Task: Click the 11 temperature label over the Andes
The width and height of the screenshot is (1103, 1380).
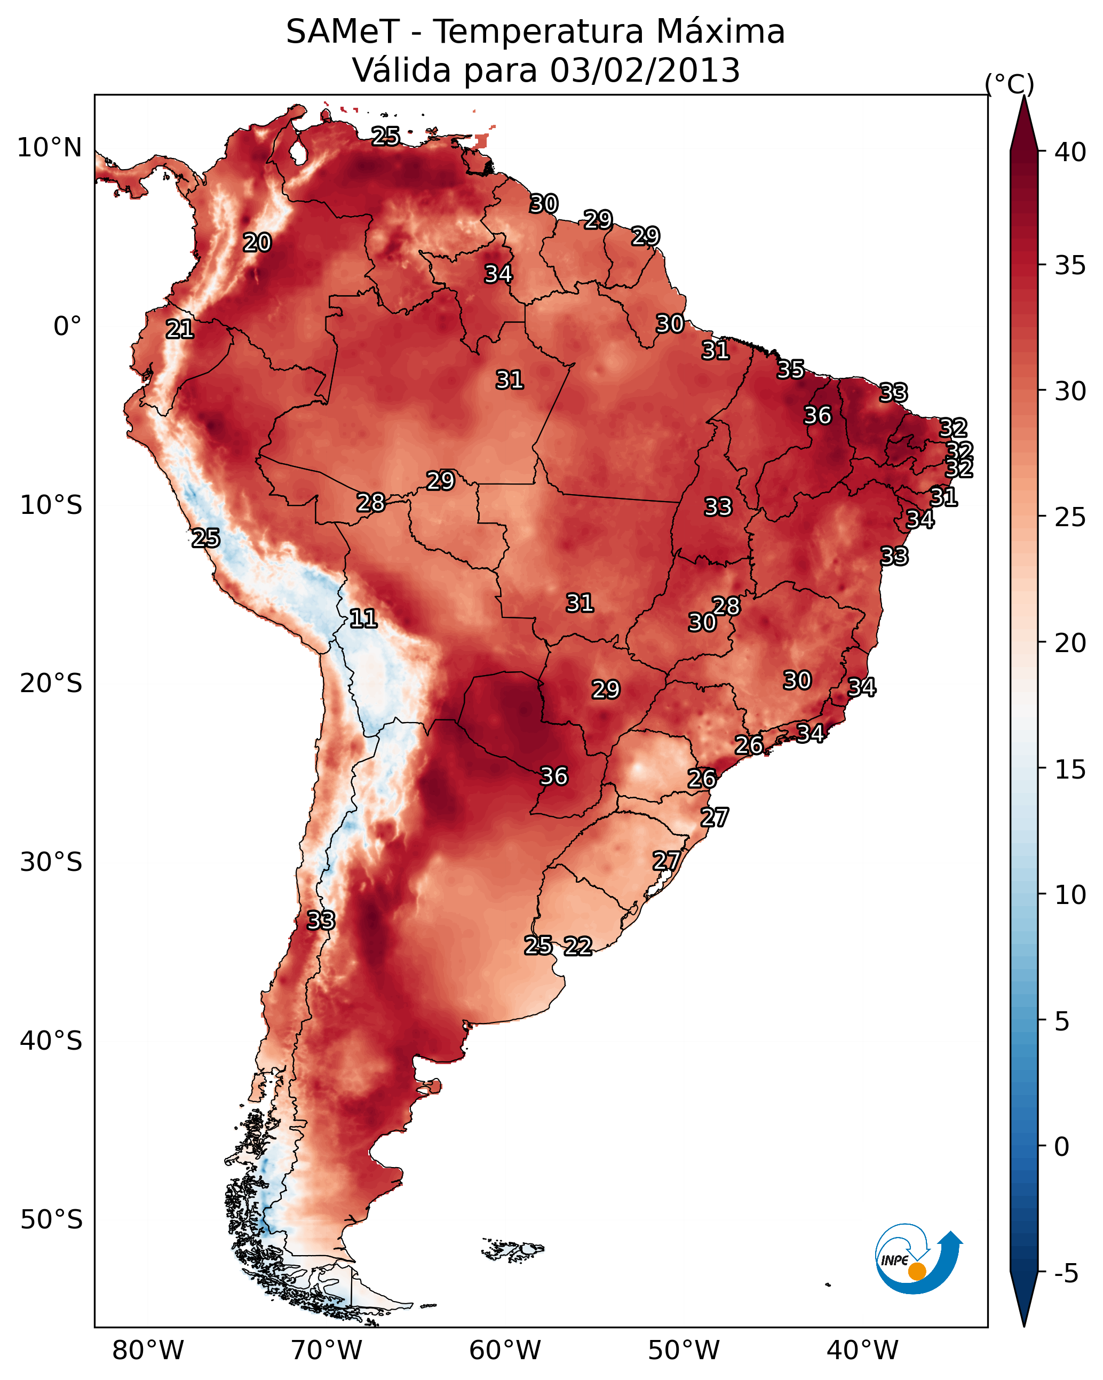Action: [363, 618]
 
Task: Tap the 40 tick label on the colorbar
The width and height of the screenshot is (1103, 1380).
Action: [1070, 152]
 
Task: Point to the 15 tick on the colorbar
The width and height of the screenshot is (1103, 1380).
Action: [1070, 770]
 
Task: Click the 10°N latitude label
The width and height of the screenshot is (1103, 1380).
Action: [49, 148]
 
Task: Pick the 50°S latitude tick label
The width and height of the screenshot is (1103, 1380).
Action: [51, 1219]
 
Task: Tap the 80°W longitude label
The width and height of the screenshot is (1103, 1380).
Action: [148, 1350]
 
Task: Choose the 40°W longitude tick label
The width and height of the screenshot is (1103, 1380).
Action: [862, 1350]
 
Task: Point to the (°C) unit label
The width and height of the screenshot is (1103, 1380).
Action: [1010, 84]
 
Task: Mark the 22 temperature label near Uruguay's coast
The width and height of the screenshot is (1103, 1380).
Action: [577, 946]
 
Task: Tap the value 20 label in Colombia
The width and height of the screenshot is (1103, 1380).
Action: [257, 243]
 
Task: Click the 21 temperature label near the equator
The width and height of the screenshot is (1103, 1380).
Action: [179, 330]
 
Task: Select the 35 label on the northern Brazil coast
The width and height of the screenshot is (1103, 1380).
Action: [791, 369]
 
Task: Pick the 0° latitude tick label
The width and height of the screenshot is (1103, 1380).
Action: [67, 327]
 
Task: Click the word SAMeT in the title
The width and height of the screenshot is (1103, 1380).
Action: [343, 32]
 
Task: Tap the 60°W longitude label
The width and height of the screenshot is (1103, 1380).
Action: [505, 1350]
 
